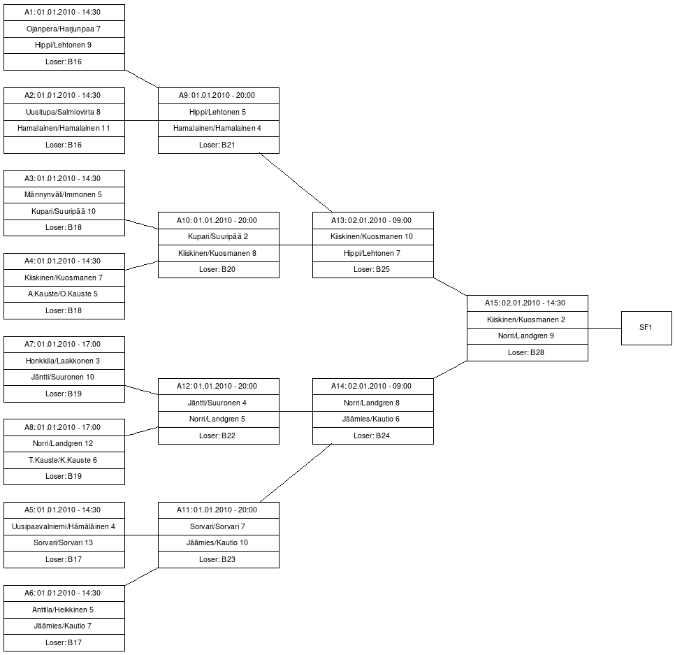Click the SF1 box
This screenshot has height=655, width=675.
[x=646, y=328]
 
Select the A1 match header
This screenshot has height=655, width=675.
[x=64, y=13]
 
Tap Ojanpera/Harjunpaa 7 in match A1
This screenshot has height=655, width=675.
[x=64, y=29]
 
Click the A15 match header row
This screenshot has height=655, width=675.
[x=527, y=303]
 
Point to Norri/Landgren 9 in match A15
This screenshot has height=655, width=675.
[x=527, y=336]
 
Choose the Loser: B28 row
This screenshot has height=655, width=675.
[x=527, y=352]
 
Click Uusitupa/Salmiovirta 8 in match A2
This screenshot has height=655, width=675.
[x=64, y=112]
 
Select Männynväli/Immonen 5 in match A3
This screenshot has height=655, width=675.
[x=64, y=195]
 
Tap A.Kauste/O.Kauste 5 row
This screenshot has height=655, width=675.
[x=64, y=294]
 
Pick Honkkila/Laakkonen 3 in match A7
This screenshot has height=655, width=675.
[x=64, y=361]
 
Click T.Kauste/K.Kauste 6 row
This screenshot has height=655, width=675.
[x=64, y=460]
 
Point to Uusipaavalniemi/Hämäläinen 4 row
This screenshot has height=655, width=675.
[x=64, y=526]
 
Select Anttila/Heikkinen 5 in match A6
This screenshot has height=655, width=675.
[x=64, y=610]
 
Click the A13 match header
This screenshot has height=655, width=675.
[x=372, y=220]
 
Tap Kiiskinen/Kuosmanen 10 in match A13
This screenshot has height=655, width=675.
[x=372, y=237]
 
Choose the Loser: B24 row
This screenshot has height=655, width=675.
[x=372, y=436]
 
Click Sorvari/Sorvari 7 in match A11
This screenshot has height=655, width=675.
[x=218, y=526]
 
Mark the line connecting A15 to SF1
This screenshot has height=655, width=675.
[x=604, y=328]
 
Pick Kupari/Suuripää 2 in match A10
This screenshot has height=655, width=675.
[x=218, y=237]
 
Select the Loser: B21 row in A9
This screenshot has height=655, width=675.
[x=218, y=145]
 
